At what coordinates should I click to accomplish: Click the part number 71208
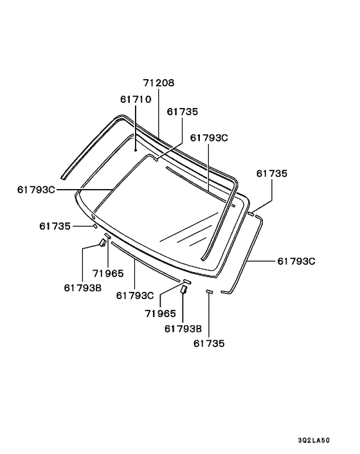[x=159, y=83]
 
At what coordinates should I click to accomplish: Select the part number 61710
[x=136, y=99]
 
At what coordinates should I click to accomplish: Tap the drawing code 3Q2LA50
[x=314, y=440]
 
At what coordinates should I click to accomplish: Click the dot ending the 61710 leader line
[x=136, y=150]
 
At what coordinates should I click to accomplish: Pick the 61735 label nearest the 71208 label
[x=183, y=111]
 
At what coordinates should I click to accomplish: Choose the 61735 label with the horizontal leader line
[x=55, y=226]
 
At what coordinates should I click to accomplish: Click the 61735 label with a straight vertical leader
[x=209, y=343]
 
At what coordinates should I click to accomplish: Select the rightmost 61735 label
[x=272, y=173]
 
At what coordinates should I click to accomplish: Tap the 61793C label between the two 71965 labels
[x=135, y=295]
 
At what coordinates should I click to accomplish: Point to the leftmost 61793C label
[x=36, y=190]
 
